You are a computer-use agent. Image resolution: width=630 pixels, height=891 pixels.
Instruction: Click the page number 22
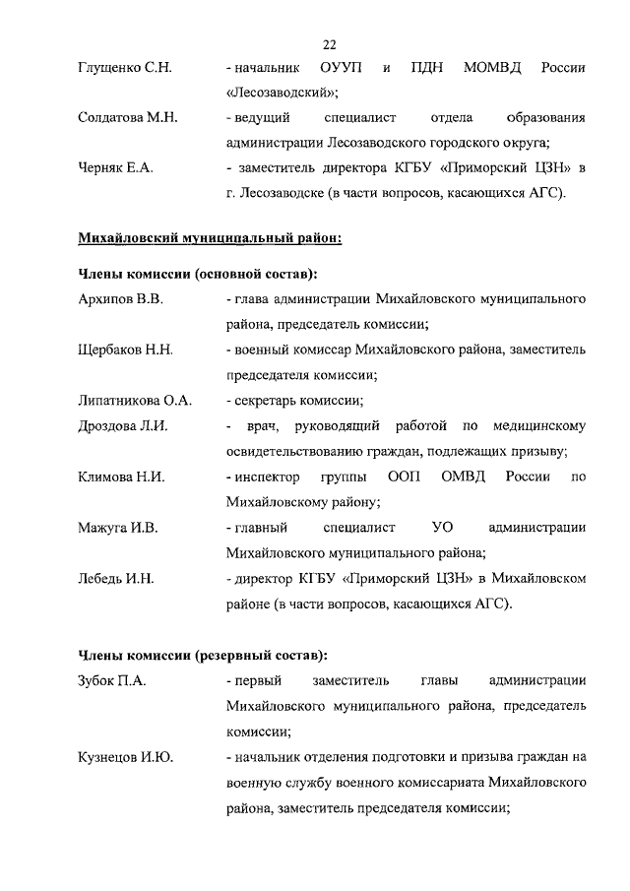tap(329, 43)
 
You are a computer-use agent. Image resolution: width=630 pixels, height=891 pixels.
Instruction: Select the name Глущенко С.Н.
tap(124, 68)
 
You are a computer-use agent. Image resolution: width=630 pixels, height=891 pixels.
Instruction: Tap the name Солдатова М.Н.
tap(127, 118)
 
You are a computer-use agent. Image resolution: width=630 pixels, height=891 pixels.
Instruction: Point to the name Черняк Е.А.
tap(115, 169)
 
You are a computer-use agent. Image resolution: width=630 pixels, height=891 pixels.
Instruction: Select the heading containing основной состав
tap(197, 272)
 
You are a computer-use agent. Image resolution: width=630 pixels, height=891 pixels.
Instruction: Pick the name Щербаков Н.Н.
tap(125, 349)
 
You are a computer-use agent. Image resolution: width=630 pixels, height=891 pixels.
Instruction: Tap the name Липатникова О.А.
tap(134, 400)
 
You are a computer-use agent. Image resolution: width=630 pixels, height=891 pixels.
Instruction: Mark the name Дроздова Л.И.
tap(123, 425)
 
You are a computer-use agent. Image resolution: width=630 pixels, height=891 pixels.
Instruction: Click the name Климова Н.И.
tap(120, 477)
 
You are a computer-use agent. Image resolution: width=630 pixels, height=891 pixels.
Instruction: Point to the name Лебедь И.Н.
tap(115, 579)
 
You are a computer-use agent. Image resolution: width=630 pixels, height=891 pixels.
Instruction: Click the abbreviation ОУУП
tap(341, 68)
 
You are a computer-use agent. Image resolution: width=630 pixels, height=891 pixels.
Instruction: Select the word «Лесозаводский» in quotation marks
tap(282, 94)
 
